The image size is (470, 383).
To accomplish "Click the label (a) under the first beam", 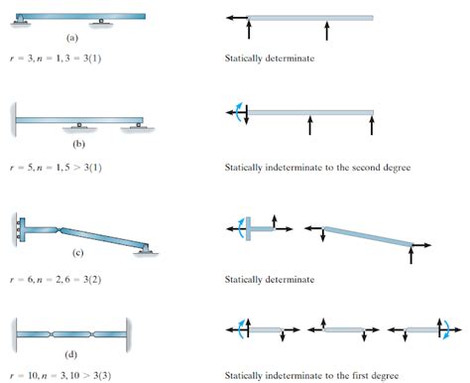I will click(x=71, y=37).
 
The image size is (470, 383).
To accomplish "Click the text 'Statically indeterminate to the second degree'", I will click(x=317, y=167).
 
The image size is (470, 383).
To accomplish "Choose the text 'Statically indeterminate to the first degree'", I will click(x=312, y=374).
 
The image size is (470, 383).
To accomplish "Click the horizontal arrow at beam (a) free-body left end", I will click(x=236, y=17).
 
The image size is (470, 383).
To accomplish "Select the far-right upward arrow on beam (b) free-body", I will click(x=372, y=123).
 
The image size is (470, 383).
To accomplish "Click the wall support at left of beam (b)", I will click(x=12, y=119).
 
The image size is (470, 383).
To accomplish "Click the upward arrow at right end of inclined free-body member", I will click(x=411, y=254).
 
